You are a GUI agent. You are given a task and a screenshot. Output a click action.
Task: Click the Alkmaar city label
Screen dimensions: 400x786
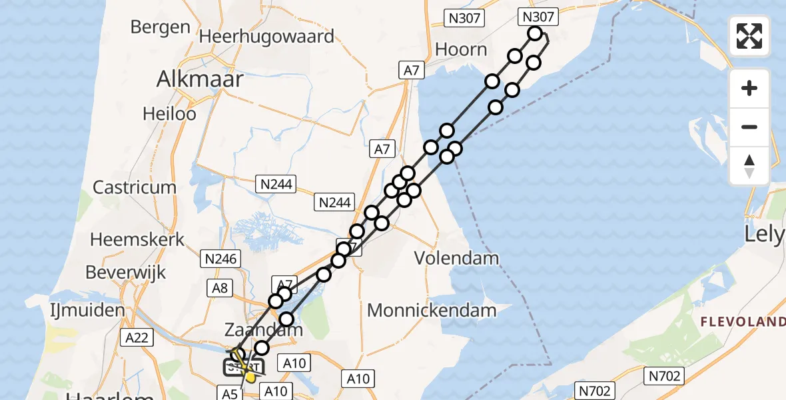[x=200, y=79]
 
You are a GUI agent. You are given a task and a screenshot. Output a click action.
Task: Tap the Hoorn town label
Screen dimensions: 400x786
[x=461, y=49]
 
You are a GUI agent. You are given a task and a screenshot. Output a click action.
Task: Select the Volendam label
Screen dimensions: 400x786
[x=457, y=257]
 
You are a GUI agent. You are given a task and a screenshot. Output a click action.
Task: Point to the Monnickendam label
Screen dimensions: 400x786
[x=432, y=310]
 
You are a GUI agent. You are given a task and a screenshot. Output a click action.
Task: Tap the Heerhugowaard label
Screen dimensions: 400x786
[x=268, y=35]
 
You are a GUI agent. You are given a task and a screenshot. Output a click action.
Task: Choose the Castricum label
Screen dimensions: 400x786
[x=135, y=187]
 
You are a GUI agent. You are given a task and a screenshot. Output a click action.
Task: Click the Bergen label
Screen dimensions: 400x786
[x=161, y=27]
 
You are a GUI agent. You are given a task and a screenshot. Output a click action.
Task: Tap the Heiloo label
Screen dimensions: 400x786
[x=169, y=114]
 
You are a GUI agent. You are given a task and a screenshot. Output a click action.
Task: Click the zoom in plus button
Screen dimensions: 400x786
[x=749, y=88]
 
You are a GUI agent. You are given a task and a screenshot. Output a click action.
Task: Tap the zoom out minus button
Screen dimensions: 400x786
[x=749, y=127]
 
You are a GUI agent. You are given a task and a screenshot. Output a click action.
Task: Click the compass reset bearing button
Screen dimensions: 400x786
[x=749, y=165]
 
